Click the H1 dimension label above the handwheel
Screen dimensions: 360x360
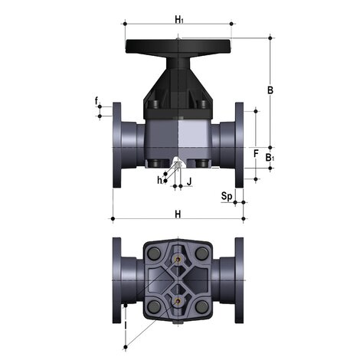click(179, 18)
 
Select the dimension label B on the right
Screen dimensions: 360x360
click(270, 90)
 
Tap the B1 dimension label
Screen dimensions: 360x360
click(270, 158)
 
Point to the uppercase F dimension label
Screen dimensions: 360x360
click(256, 153)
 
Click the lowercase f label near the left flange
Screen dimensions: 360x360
click(97, 100)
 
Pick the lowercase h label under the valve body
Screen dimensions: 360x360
click(159, 180)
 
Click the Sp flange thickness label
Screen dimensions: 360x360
click(226, 196)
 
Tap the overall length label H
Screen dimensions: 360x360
click(178, 214)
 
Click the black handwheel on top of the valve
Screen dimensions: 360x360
click(178, 47)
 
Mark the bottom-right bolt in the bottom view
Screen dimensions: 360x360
click(201, 307)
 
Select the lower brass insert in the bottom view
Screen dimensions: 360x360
click(178, 302)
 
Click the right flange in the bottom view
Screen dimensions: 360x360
click(239, 280)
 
